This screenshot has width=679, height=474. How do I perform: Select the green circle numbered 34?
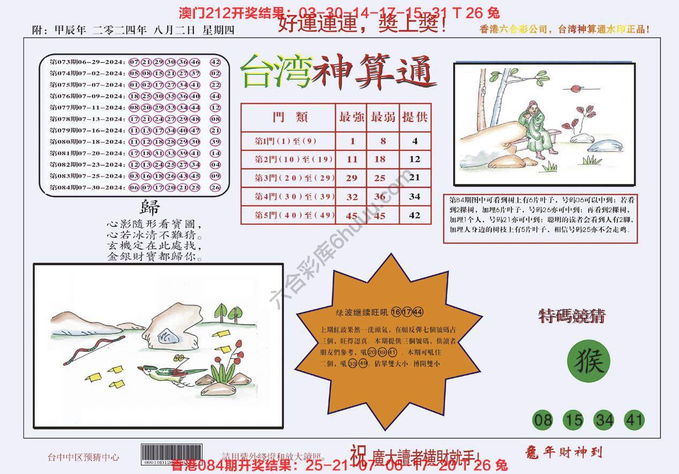click(604, 420)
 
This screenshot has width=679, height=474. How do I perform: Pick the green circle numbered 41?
click(634, 420)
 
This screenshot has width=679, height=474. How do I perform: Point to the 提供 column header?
click(414, 117)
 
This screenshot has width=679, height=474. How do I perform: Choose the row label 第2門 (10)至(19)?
click(288, 159)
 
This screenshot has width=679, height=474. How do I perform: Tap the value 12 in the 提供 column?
click(414, 159)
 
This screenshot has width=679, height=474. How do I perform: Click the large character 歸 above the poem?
click(150, 208)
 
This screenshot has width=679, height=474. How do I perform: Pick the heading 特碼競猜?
click(571, 317)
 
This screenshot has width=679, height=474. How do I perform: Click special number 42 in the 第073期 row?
click(215, 62)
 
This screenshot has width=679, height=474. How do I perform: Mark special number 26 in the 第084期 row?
click(215, 187)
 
